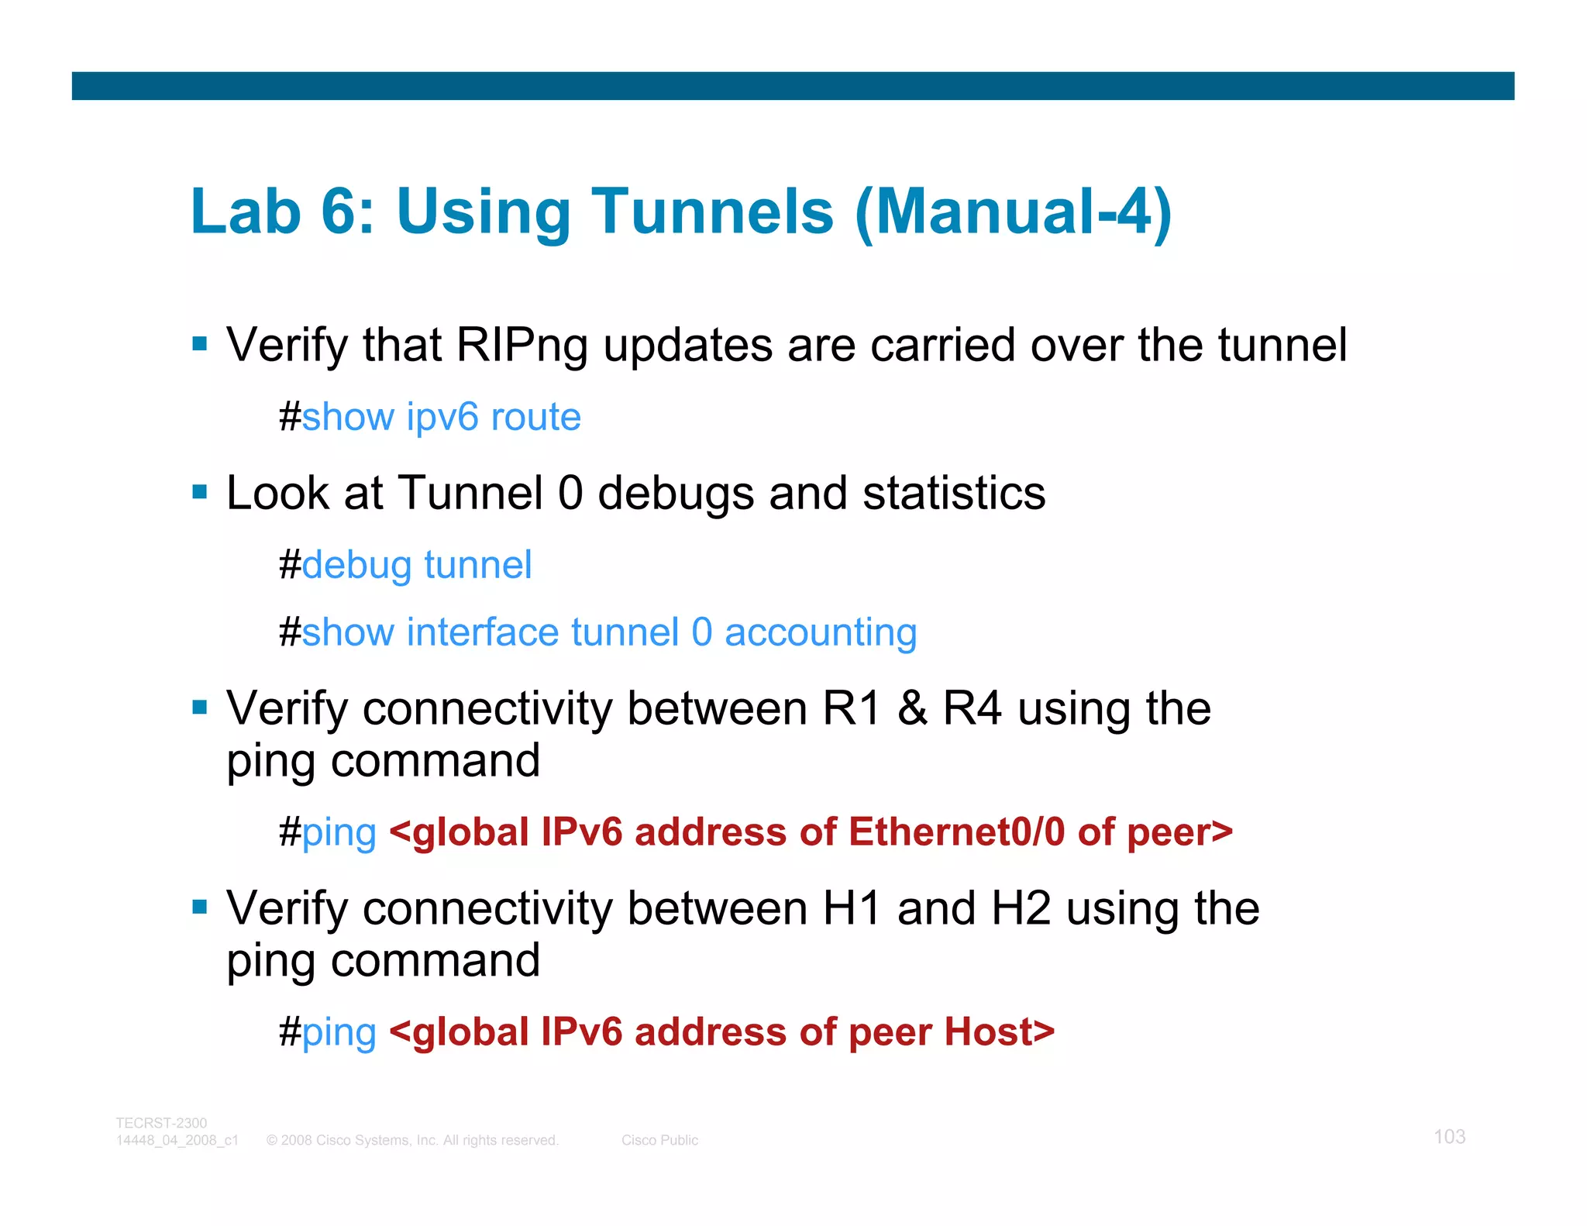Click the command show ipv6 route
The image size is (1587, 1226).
pyautogui.click(x=441, y=418)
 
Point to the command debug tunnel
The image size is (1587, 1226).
pyautogui.click(x=416, y=565)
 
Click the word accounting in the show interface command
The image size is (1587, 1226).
pyautogui.click(x=820, y=632)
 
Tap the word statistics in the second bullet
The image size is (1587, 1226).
pyautogui.click(x=953, y=493)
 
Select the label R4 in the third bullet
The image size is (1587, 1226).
pyautogui.click(x=972, y=708)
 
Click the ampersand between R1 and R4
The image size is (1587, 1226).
pyautogui.click(x=912, y=708)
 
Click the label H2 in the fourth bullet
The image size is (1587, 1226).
pyautogui.click(x=1021, y=908)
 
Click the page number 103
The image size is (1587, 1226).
pyautogui.click(x=1449, y=1137)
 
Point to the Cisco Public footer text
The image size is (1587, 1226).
pyautogui.click(x=659, y=1140)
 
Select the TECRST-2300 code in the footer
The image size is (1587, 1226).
pyautogui.click(x=161, y=1123)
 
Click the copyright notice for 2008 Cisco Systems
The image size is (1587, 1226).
pyautogui.click(x=411, y=1140)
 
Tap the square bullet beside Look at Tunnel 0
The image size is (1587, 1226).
pyautogui.click(x=200, y=491)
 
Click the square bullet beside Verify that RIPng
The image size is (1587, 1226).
pyautogui.click(x=200, y=343)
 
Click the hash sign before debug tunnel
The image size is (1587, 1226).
pyautogui.click(x=290, y=565)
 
